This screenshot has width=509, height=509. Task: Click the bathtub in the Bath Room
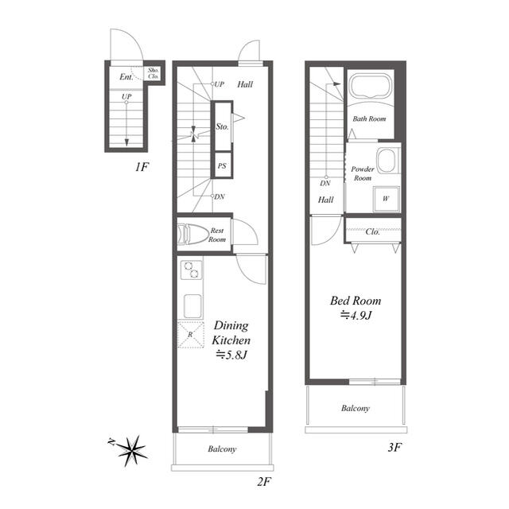(370, 86)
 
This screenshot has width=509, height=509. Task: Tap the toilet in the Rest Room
(192, 234)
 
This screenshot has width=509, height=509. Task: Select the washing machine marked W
(386, 199)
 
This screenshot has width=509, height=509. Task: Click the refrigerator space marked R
(191, 335)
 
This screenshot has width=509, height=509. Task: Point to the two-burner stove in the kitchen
(191, 270)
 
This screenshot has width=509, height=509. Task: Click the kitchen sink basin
(192, 306)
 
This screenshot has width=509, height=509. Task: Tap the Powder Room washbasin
(387, 161)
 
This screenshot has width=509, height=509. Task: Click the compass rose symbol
(131, 451)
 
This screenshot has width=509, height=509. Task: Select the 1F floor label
(142, 167)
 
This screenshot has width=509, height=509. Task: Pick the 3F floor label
(394, 448)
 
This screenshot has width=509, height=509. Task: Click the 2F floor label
(264, 482)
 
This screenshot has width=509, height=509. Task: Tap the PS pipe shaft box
(222, 165)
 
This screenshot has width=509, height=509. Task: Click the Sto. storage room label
(223, 126)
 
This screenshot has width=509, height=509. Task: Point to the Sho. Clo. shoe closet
(153, 73)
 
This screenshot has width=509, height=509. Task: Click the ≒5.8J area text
(231, 356)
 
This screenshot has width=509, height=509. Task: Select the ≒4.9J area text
(356, 315)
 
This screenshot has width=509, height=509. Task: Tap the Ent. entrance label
(126, 77)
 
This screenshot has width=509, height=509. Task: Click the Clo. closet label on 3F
(372, 231)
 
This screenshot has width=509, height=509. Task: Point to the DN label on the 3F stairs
(325, 183)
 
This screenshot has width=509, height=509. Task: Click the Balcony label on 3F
(356, 408)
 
